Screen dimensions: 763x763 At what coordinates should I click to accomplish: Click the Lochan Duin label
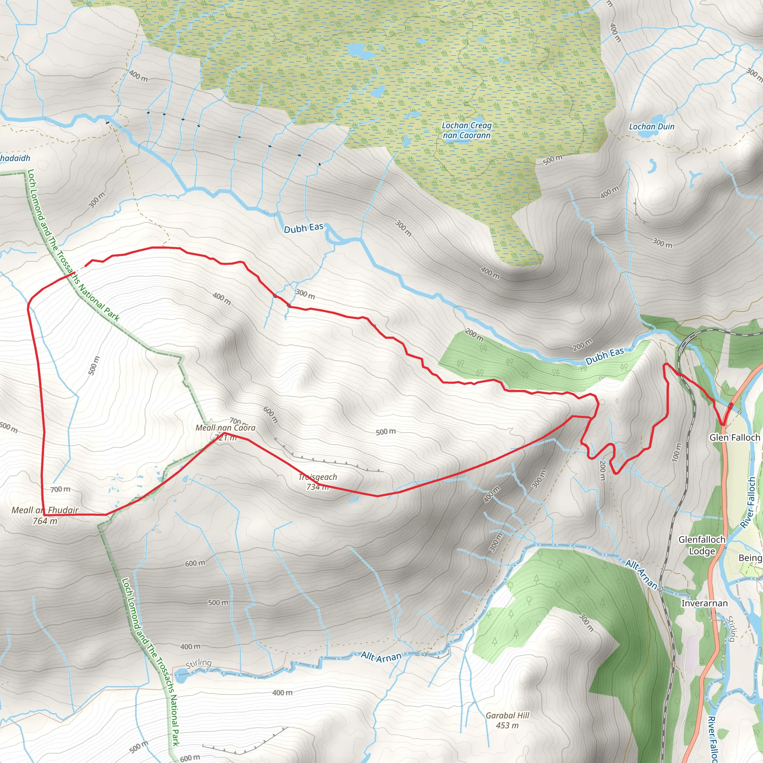(652, 127)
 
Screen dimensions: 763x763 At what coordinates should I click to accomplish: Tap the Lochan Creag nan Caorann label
(467, 130)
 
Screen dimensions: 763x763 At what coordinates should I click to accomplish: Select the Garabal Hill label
(507, 715)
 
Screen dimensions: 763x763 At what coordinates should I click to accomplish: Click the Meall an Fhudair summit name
(45, 510)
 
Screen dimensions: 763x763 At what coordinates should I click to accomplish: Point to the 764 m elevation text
(45, 521)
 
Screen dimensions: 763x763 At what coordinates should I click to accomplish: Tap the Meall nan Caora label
(225, 428)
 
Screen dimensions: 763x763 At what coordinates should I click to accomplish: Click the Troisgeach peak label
(318, 477)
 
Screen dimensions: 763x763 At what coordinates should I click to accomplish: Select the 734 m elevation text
(318, 487)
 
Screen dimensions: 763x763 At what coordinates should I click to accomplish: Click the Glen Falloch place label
(735, 438)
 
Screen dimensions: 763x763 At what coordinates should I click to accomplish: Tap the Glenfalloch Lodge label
(702, 545)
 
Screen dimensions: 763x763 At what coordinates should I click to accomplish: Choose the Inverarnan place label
(705, 604)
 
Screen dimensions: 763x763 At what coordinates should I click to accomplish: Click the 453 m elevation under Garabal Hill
(507, 725)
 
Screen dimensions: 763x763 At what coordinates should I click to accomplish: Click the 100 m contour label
(676, 453)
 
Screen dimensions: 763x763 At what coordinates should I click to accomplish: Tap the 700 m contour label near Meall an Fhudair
(60, 489)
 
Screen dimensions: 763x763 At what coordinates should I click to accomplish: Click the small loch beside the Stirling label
(181, 677)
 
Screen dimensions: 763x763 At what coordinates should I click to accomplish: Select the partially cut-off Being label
(750, 558)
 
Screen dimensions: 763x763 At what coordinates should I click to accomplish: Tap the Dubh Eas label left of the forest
(304, 228)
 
